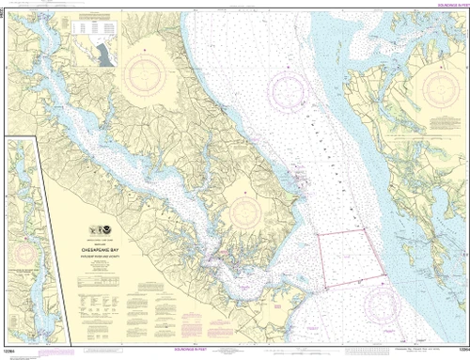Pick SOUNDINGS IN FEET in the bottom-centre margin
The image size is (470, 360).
[x=241, y=354]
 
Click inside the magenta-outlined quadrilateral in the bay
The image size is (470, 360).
[x=348, y=254]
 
